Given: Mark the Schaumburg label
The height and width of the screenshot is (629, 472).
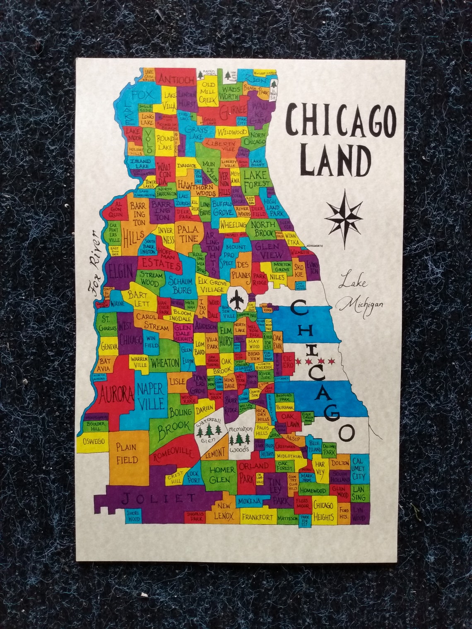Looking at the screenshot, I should pyautogui.click(x=180, y=284).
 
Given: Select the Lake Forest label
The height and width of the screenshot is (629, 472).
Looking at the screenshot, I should pyautogui.click(x=255, y=179).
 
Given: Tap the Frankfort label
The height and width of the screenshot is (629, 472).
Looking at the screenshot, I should pyautogui.click(x=258, y=517).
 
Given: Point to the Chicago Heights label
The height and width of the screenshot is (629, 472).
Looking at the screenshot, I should pyautogui.click(x=323, y=511).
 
